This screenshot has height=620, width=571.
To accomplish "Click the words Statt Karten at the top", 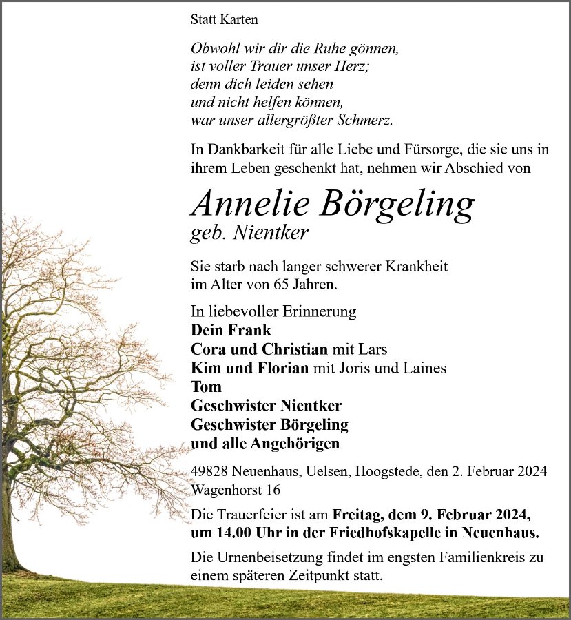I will [x=224, y=19].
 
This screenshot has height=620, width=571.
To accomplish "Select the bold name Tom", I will [x=206, y=386].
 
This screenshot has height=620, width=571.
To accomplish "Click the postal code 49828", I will [x=211, y=472].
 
